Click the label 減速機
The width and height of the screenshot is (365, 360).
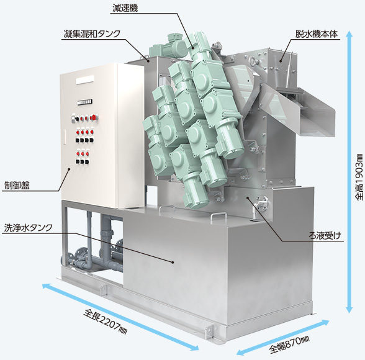tap(125, 8)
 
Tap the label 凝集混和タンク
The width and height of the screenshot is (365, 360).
tap(92, 34)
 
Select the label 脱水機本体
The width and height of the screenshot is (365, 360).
tap(317, 34)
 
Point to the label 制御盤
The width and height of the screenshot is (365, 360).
tap(17, 186)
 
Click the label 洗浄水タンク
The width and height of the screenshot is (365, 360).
tap(29, 228)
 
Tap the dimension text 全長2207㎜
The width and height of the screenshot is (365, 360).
tap(106, 322)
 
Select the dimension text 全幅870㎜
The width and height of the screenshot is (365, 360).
tap(289, 344)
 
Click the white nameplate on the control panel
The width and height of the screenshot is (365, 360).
tap(86, 80)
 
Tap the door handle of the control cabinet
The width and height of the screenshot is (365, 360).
tap(65, 138)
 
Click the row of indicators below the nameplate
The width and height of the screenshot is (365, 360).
tap(84, 102)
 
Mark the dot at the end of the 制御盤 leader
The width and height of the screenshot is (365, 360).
tap(69, 169)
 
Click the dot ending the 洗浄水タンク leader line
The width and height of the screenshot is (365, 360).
tap(173, 263)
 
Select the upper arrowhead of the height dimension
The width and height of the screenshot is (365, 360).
tap(349, 34)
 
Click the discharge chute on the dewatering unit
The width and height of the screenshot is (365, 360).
tap(298, 109)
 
